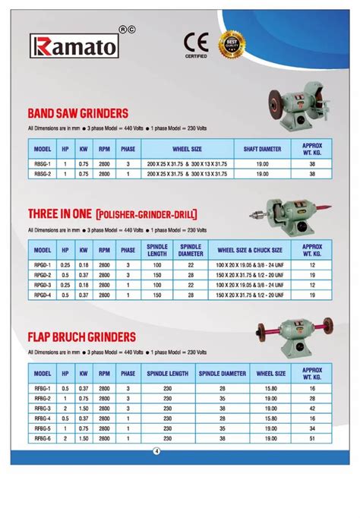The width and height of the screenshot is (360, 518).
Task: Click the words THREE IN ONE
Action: coord(59,215)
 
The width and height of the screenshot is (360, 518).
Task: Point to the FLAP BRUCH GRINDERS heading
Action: coord(81,336)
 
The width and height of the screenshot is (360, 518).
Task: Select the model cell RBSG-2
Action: coord(43,174)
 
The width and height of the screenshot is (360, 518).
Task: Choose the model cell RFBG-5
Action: coord(43,427)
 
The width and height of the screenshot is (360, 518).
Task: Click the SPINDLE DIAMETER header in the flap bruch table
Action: coord(222,374)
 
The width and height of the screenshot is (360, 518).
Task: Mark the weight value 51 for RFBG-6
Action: coord(312,437)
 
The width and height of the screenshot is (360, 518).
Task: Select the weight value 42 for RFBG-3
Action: coord(312,407)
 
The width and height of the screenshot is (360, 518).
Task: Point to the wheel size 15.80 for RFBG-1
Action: coord(270,387)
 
